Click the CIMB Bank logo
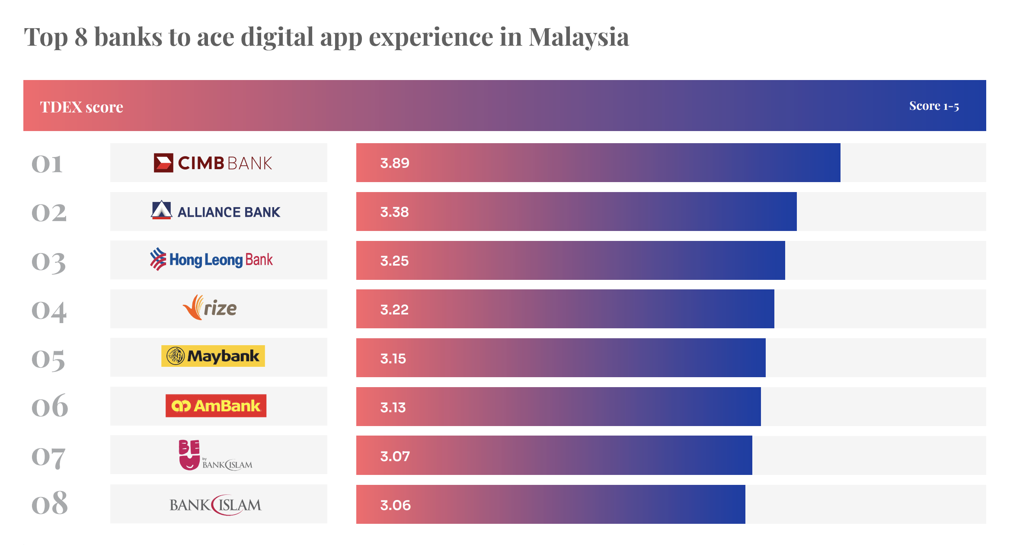[213, 163]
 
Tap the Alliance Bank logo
[216, 211]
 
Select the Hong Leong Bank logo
[211, 260]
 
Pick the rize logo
[210, 308]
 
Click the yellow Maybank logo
[213, 356]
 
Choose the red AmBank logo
[216, 406]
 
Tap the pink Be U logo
[189, 455]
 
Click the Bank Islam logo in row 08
[215, 505]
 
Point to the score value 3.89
[394, 163]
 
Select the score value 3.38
[394, 212]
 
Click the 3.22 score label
[394, 310]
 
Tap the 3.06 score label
[395, 505]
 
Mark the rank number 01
[47, 164]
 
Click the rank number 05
[48, 359]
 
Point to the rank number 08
[50, 503]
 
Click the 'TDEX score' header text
[82, 107]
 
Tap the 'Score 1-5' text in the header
[934, 106]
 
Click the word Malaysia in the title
[579, 37]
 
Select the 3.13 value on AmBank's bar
[393, 407]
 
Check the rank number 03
[49, 262]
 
